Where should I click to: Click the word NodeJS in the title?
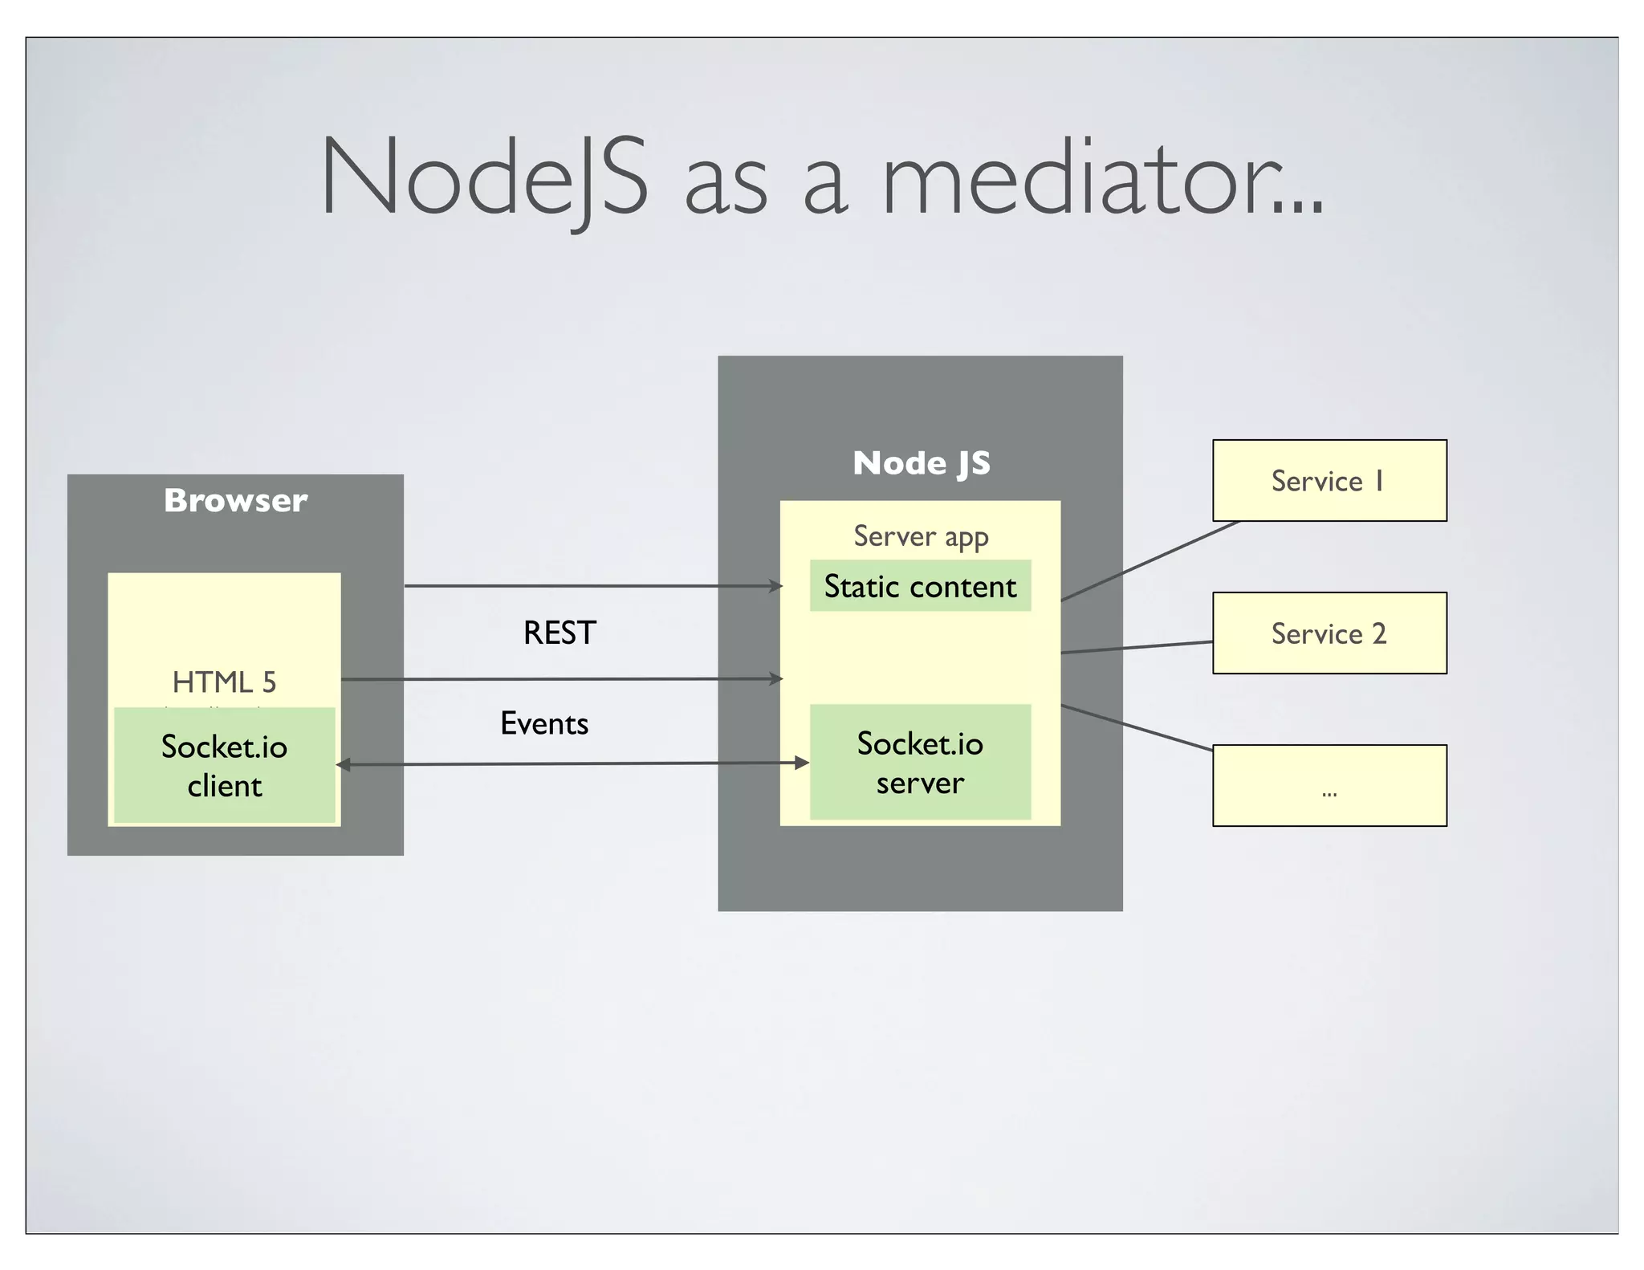pyautogui.click(x=483, y=177)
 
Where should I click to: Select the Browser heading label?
pyautogui.click(x=235, y=500)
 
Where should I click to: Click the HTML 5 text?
pyautogui.click(x=224, y=682)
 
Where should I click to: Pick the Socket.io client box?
pyautogui.click(x=224, y=765)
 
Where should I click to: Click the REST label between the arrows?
pyautogui.click(x=560, y=633)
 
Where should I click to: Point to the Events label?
pyautogui.click(x=544, y=723)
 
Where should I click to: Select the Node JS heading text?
pyautogui.click(x=921, y=463)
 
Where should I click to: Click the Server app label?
pyautogui.click(x=920, y=535)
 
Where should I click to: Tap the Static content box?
pyautogui.click(x=920, y=586)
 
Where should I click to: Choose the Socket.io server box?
pyautogui.click(x=920, y=762)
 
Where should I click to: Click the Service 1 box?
pyautogui.click(x=1329, y=480)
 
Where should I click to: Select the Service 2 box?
pyautogui.click(x=1329, y=633)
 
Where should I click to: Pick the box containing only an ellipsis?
pyautogui.click(x=1329, y=785)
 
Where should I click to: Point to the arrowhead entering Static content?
pyautogui.click(x=775, y=586)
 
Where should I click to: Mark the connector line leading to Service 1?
pyautogui.click(x=1150, y=561)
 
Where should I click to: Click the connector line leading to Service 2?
pyautogui.click(x=1136, y=647)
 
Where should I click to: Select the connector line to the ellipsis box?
pyautogui.click(x=1136, y=727)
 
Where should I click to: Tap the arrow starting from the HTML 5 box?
pyautogui.click(x=562, y=679)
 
